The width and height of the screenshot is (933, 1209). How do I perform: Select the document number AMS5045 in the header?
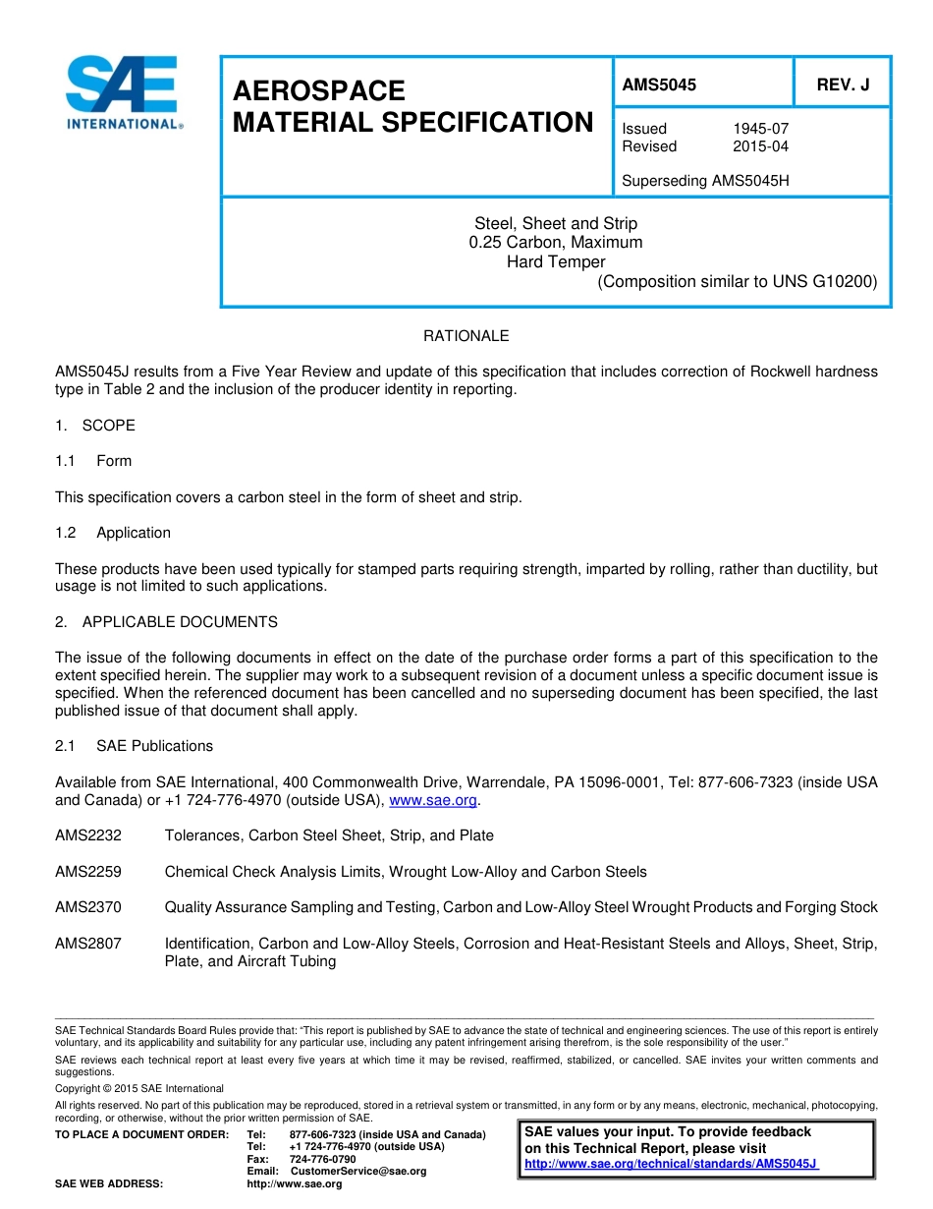659,86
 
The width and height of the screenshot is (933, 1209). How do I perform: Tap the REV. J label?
843,86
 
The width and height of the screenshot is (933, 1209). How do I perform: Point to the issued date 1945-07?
760,129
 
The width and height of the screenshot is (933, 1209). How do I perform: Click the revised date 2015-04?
760,146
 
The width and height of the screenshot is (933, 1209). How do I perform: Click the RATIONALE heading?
466,336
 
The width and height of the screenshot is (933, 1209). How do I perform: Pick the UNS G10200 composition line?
737,281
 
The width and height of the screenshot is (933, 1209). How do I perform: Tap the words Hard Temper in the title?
556,261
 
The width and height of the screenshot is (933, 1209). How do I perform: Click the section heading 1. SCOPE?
95,426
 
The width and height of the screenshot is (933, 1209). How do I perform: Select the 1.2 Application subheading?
113,533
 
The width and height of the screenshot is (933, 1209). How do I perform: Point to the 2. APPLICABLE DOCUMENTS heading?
166,622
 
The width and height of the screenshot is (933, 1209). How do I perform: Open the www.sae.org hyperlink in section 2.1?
433,801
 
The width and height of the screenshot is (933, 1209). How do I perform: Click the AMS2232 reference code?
88,835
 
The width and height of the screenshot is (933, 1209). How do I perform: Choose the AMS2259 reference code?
88,872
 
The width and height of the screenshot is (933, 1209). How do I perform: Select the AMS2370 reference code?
88,907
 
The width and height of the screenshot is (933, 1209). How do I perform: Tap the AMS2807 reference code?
88,944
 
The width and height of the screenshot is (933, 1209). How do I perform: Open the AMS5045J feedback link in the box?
671,1164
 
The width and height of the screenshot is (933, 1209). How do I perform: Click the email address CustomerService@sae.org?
358,1171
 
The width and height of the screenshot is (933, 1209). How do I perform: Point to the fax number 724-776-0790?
322,1159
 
